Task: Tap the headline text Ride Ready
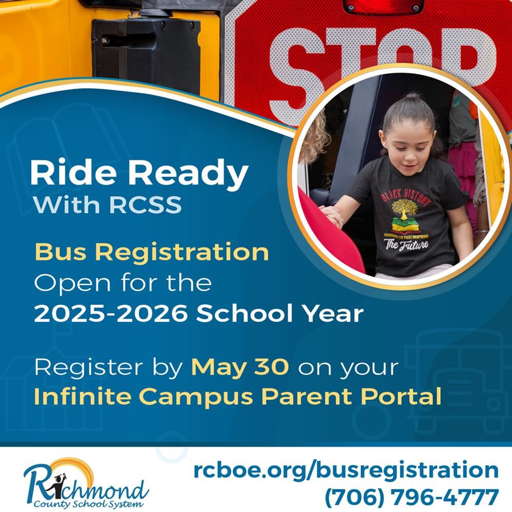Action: tap(139, 173)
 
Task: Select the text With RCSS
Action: tap(108, 204)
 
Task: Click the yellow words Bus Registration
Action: tap(152, 252)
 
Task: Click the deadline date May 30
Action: tap(240, 367)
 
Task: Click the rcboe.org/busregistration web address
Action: tap(346, 470)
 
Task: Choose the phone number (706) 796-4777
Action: tap(412, 497)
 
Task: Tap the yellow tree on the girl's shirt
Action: tap(404, 208)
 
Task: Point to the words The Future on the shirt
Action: tap(406, 244)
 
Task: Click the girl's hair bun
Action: tap(412, 97)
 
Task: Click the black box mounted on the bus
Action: tap(146, 55)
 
